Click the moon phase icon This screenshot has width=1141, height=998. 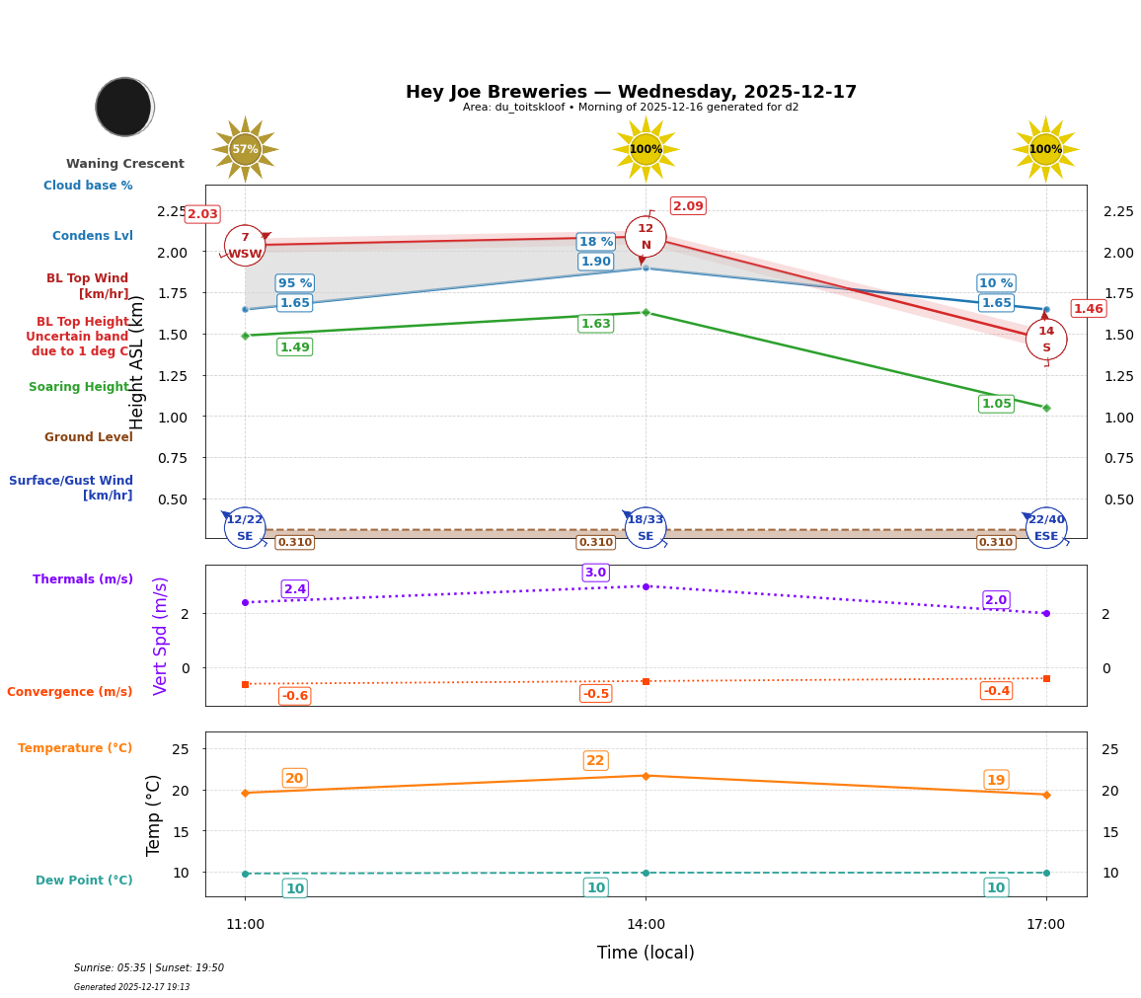(124, 107)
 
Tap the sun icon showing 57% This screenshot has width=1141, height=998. (245, 150)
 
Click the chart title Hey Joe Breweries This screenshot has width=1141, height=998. (631, 92)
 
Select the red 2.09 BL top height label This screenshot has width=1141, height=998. (688, 206)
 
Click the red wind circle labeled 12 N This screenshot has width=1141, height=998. (646, 237)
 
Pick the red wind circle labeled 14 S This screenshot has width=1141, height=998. (1045, 340)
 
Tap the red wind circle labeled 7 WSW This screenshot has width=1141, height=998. (245, 246)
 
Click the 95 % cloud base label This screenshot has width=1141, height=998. (294, 283)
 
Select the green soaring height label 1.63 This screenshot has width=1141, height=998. (595, 324)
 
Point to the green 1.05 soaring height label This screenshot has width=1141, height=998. (996, 404)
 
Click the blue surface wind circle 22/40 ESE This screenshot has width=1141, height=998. (1045, 528)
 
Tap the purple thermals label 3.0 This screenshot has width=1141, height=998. (595, 573)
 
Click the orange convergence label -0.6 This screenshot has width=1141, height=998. (294, 696)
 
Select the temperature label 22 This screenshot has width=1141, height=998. (595, 761)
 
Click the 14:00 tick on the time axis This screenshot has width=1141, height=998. (646, 925)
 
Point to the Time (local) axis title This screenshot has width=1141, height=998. (646, 953)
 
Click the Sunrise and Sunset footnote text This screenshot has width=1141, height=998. (149, 968)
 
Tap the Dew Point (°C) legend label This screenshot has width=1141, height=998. (84, 881)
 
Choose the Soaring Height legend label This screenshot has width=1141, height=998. (80, 387)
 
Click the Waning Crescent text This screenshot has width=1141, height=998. (125, 164)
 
